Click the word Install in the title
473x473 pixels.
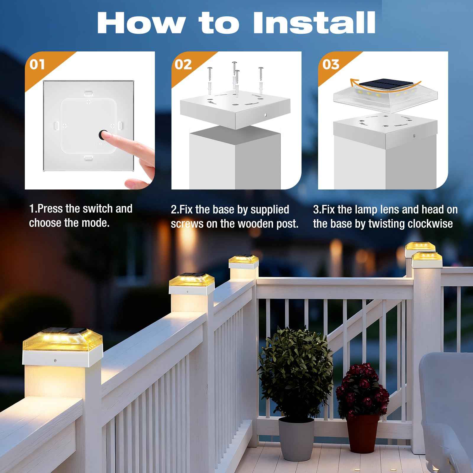(x=314, y=23)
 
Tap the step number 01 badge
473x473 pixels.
(x=37, y=64)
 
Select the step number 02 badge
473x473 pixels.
(x=183, y=64)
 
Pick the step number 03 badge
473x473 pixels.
(x=331, y=64)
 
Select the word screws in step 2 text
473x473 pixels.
(x=187, y=224)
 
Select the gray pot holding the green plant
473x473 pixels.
(x=296, y=438)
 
